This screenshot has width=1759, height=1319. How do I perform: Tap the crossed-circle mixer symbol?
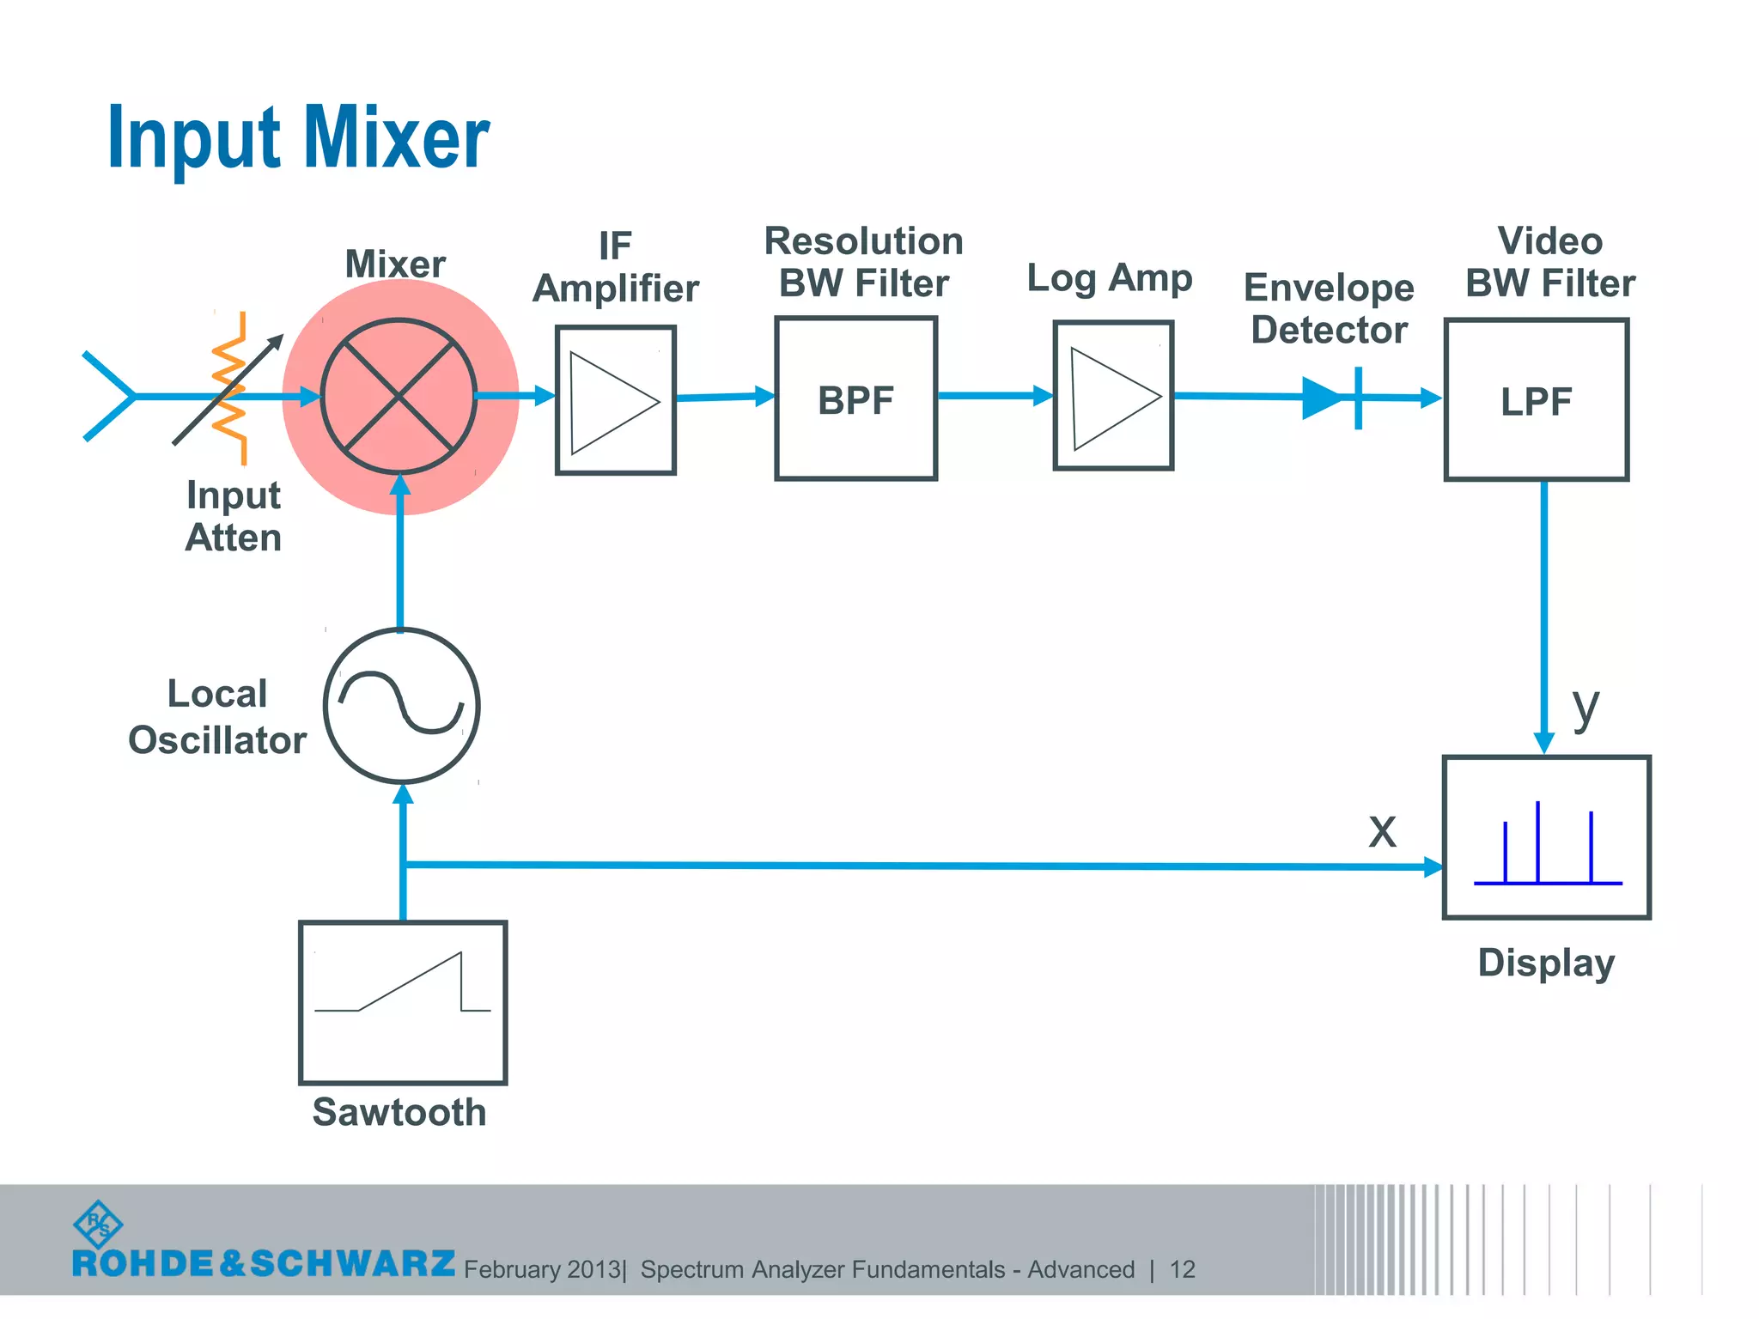399,396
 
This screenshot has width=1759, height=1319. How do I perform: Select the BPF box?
855,398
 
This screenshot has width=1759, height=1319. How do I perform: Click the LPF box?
1536,400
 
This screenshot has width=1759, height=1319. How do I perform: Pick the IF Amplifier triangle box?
615,400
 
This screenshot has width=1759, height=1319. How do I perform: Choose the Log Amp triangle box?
1113,396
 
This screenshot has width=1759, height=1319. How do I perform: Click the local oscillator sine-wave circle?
401,706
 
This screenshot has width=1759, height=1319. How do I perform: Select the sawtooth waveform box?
403,1003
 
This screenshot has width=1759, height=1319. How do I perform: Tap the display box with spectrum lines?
1546,838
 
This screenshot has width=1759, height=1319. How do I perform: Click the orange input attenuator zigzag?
230,388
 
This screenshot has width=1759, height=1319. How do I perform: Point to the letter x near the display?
1382,830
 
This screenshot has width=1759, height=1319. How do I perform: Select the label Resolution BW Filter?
863,262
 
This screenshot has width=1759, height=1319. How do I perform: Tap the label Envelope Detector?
1329,308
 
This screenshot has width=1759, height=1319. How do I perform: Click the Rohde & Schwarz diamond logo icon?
98,1225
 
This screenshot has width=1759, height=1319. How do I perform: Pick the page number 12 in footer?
1182,1269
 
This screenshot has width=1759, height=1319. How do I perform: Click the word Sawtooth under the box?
399,1112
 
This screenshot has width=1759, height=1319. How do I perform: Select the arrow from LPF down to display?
1543,618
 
